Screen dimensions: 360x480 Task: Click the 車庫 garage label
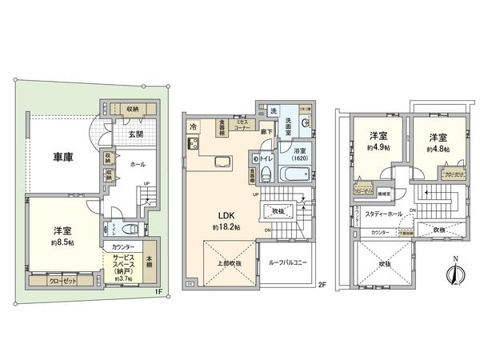[x=64, y=158]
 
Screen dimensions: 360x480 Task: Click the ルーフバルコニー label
[x=285, y=262]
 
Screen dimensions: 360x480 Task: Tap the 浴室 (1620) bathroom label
[x=299, y=154]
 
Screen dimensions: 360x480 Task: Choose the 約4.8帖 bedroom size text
[x=438, y=148]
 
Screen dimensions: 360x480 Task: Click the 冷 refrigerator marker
[x=193, y=126]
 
